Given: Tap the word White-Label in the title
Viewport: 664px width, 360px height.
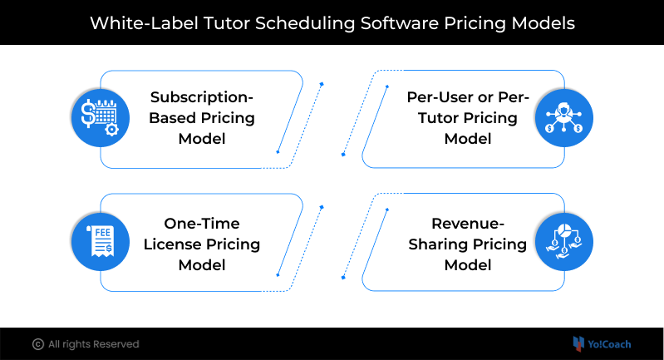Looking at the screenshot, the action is (144, 23).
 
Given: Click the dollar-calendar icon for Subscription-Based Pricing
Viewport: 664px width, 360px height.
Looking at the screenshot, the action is (101, 118).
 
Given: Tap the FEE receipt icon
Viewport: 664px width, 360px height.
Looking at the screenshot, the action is (101, 241).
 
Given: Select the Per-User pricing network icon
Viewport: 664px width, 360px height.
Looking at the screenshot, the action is (563, 118).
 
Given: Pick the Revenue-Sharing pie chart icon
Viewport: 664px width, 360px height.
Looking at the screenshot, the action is (563, 241).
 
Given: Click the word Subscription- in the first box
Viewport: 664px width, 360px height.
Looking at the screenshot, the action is (202, 97).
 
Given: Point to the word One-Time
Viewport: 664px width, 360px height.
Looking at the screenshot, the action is (202, 223).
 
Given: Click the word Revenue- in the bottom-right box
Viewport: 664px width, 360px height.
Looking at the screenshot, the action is (468, 223).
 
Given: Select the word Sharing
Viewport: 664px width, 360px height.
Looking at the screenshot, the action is (438, 244).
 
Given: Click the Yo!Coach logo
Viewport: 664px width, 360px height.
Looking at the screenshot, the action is (602, 344).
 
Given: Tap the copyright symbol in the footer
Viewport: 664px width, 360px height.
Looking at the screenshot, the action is (38, 344).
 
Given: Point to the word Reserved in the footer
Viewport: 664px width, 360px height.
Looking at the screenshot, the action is (118, 344).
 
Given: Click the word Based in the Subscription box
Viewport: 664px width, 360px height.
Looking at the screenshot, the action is (172, 118).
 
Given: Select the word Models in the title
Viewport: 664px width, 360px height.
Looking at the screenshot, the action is (543, 23).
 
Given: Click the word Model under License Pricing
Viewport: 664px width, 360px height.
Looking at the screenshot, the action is (202, 264).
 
